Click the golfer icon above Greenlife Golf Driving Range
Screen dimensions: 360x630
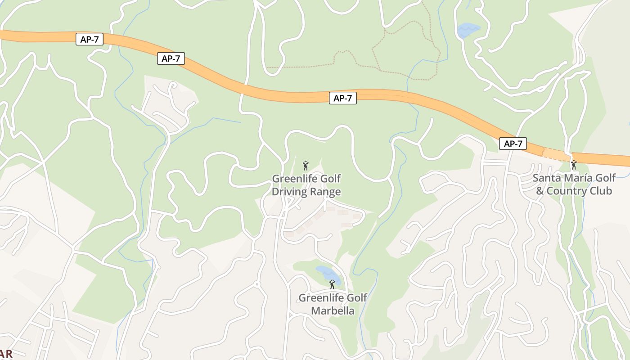coord(306,165)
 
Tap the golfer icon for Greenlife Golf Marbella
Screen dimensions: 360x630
coord(332,284)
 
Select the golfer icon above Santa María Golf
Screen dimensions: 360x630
coord(574,165)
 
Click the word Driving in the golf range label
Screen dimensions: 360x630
coord(287,192)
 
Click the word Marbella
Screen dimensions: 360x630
coord(333,311)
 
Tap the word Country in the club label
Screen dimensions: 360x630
coord(568,191)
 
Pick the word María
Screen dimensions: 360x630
coord(578,178)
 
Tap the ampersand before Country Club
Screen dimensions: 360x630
coord(540,191)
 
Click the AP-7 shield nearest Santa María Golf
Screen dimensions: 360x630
coord(513,144)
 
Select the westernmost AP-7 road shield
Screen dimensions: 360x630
coord(90,40)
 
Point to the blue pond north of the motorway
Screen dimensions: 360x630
coord(468,30)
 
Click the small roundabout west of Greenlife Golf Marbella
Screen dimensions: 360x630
coord(257,284)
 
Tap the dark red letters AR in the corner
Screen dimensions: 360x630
coord(6,354)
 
